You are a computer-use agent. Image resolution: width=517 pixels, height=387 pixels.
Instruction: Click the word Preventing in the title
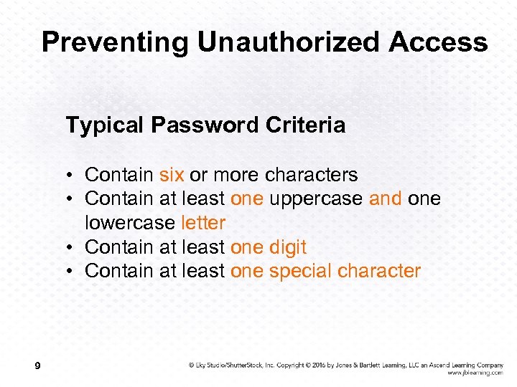pyautogui.click(x=116, y=42)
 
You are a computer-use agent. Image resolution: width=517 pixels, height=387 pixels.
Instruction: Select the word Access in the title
pyautogui.click(x=438, y=42)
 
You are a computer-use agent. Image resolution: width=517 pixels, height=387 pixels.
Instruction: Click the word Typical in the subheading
pyautogui.click(x=105, y=126)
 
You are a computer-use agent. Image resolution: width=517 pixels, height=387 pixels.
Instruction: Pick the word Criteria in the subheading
pyautogui.click(x=305, y=125)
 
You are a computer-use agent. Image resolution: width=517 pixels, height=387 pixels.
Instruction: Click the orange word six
pyautogui.click(x=172, y=174)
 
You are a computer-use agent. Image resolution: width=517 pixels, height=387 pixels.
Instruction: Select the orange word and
pyautogui.click(x=386, y=199)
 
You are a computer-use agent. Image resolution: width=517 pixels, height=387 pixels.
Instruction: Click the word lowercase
pyautogui.click(x=130, y=223)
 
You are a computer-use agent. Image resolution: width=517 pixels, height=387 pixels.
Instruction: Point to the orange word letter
pyautogui.click(x=203, y=223)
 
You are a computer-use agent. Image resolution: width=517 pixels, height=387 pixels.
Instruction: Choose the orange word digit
pyautogui.click(x=288, y=247)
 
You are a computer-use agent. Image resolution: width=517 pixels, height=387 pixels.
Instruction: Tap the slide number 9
pyautogui.click(x=37, y=367)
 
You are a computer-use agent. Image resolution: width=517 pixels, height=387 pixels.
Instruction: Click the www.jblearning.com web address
pyautogui.click(x=475, y=373)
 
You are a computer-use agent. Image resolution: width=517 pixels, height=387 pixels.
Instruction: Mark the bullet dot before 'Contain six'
pyautogui.click(x=74, y=175)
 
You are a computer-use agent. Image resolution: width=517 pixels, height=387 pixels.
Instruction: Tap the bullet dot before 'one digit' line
pyautogui.click(x=74, y=248)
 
